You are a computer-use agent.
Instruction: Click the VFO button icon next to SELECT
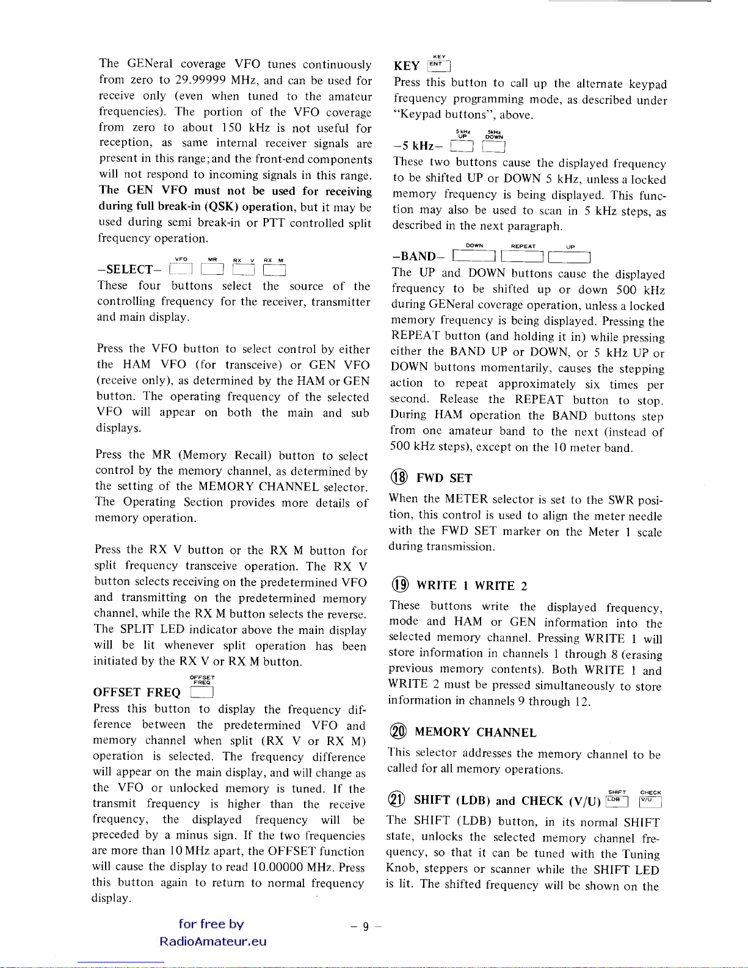tap(181, 269)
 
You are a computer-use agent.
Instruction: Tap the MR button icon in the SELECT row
tap(212, 269)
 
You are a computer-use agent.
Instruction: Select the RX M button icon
tap(274, 269)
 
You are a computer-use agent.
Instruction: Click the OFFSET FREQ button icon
tap(202, 693)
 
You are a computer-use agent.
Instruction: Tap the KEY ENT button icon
tap(439, 65)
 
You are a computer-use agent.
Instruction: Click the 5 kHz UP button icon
tap(462, 146)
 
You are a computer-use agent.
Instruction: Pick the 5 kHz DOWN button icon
tap(493, 146)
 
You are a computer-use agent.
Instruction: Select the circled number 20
tap(398, 732)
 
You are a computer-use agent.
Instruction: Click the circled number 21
tap(396, 800)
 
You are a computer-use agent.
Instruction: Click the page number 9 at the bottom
tap(365, 926)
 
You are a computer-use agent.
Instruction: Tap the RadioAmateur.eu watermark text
tap(212, 941)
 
